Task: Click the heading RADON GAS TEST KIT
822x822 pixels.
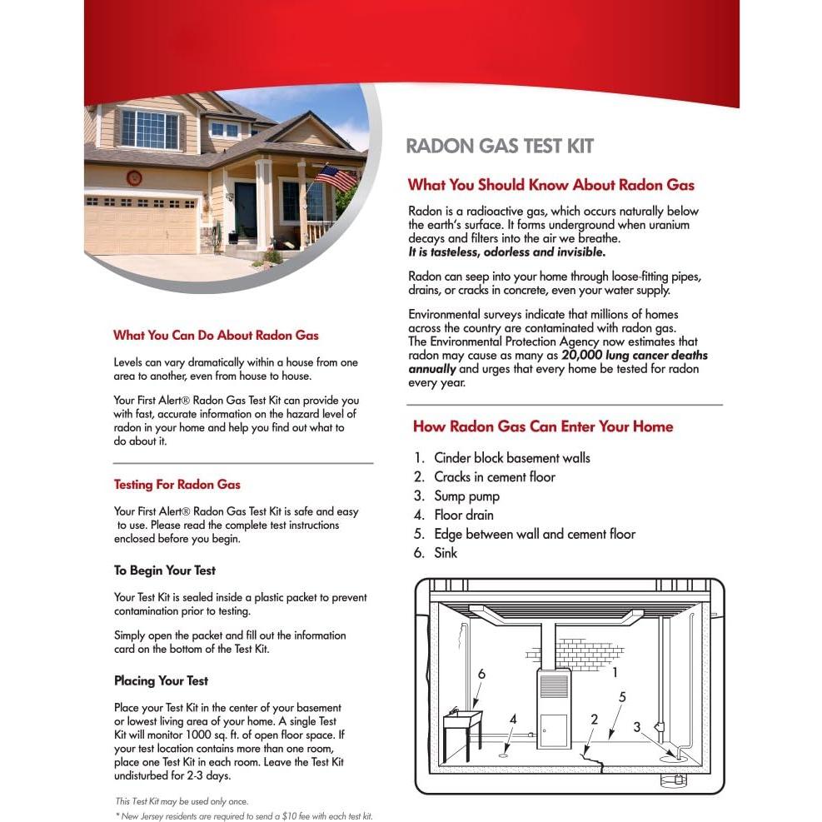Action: click(500, 147)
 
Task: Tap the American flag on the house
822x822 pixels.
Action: click(334, 177)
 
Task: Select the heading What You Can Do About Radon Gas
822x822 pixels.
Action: click(216, 336)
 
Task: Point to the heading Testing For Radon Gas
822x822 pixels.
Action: click(177, 484)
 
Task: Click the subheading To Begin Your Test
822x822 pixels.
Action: click(165, 570)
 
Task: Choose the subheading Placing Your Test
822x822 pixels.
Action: click(161, 680)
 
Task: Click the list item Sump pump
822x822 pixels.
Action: click(466, 496)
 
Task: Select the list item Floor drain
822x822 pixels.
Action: click(464, 516)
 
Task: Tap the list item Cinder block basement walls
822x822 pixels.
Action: click(511, 458)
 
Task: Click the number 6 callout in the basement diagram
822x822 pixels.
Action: click(481, 674)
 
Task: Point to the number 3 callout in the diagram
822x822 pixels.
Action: click(637, 727)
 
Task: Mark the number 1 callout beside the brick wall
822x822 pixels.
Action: click(615, 670)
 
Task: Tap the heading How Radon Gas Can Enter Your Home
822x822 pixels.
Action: click(543, 427)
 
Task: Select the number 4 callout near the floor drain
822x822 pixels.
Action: click(513, 718)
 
